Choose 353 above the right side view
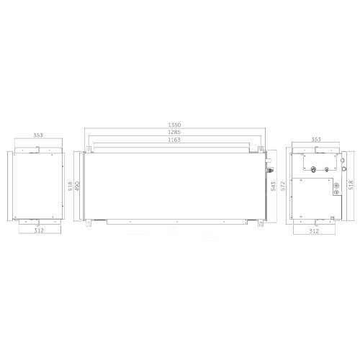click(315, 139)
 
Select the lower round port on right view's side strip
click(343, 167)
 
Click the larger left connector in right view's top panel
click(315, 171)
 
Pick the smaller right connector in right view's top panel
click(327, 171)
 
